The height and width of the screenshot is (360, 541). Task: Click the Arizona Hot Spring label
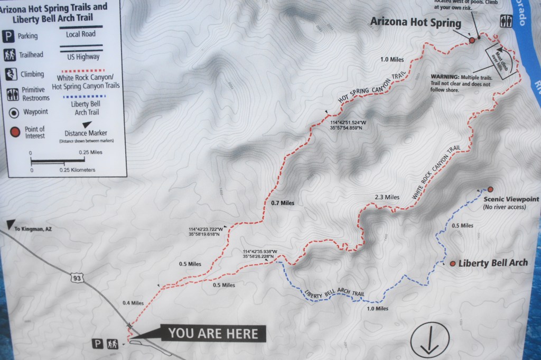tap(416, 23)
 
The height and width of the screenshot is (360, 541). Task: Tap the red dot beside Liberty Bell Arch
tap(453, 263)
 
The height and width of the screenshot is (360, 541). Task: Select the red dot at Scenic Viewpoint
tap(490, 189)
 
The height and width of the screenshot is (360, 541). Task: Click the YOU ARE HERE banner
tap(213, 333)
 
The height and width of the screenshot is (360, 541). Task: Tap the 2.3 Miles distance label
tap(386, 197)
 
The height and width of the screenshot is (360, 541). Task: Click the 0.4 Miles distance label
tap(133, 303)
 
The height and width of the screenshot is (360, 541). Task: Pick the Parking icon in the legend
tap(9, 36)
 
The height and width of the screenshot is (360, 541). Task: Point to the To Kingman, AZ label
tap(34, 229)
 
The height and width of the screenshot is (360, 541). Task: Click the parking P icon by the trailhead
tap(98, 344)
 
